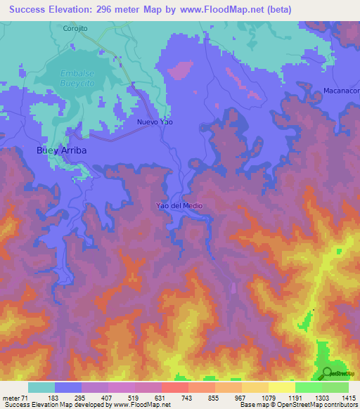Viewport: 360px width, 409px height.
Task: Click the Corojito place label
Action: click(x=75, y=29)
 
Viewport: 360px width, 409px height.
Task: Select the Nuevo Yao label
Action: click(x=154, y=122)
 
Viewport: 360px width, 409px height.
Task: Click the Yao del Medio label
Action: click(x=179, y=206)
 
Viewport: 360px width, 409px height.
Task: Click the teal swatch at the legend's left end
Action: click(x=41, y=387)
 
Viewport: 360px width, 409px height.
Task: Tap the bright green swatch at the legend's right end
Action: click(x=335, y=387)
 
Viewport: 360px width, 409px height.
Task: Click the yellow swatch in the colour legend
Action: click(x=282, y=387)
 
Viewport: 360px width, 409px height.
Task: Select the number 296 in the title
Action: click(x=114, y=10)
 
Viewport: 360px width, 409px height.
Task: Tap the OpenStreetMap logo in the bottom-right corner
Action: click(x=341, y=373)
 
